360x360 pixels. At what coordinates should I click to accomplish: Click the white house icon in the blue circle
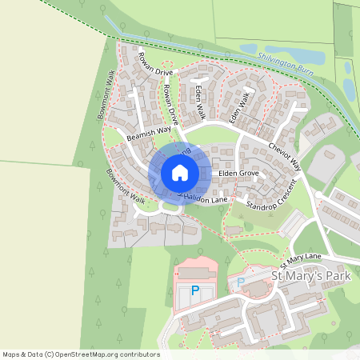(180, 172)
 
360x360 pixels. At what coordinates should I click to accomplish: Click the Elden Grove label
(238, 172)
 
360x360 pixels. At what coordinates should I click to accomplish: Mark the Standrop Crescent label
(272, 196)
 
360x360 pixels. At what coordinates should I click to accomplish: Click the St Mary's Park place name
(311, 276)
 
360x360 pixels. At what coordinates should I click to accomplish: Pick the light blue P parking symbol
(240, 283)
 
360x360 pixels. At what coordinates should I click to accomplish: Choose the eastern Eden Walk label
(238, 107)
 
